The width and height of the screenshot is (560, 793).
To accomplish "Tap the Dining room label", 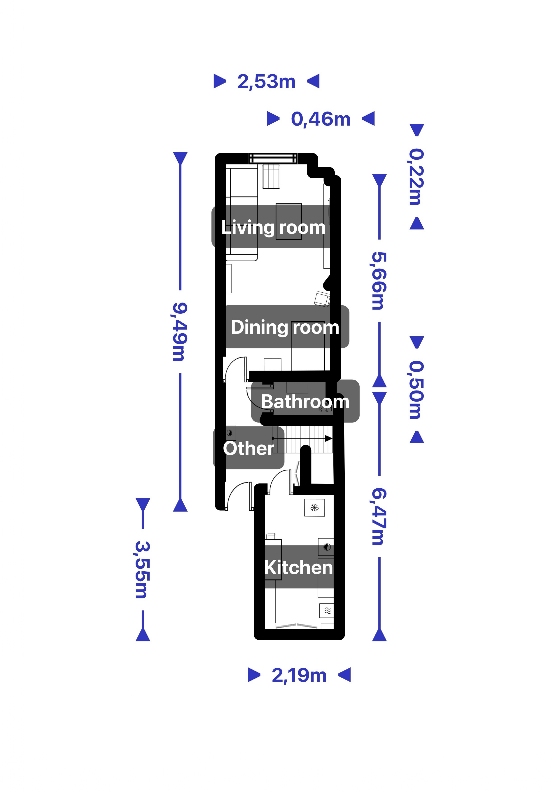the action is pos(285,327).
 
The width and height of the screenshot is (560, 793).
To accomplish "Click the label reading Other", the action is pos(248,448).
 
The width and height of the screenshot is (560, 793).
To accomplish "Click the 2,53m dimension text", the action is pos(266,81).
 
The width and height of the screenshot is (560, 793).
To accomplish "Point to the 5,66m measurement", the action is pos(379,281).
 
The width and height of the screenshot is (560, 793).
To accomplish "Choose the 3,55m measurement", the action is pos(143,569).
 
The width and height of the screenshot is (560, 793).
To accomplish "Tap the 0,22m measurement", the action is pos(417,177).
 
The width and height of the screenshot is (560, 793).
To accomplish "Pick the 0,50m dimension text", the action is pos(417,390).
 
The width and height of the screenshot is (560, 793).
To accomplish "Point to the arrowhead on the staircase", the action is pos(329,439).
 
